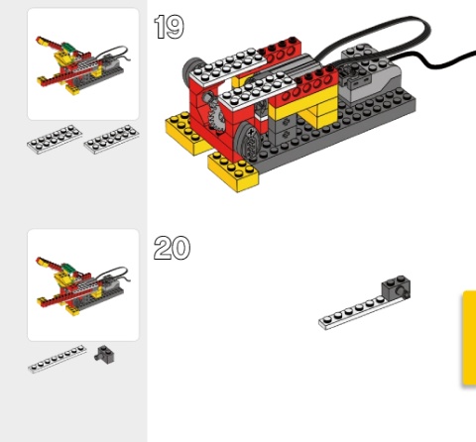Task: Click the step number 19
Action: [170, 27]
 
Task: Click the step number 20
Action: [172, 248]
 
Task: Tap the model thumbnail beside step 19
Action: [83, 64]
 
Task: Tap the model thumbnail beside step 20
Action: [83, 284]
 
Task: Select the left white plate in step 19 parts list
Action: [55, 140]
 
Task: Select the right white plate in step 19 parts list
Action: [111, 140]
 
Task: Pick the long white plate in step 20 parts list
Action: [58, 359]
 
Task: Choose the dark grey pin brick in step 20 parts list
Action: [105, 355]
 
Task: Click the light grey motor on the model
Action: [370, 74]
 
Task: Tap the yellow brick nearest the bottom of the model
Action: [233, 171]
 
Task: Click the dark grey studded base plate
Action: [330, 132]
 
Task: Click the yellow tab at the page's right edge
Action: [469, 338]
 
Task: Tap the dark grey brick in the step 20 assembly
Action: [396, 286]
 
